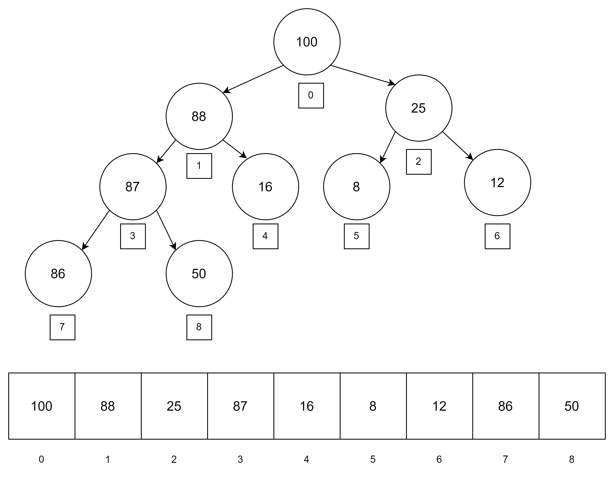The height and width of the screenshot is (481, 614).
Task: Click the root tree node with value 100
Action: [307, 42]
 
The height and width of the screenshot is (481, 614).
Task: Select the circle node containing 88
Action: [199, 116]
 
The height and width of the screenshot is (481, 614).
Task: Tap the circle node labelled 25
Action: [419, 108]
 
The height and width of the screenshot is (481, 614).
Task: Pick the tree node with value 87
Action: [133, 187]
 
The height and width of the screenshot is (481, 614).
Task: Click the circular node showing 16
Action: [265, 187]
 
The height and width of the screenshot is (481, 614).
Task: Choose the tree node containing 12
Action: [497, 183]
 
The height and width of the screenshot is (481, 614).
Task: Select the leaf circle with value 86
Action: [58, 273]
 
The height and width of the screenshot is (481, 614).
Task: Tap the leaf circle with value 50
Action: [199, 273]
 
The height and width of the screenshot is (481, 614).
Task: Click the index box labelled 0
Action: [311, 95]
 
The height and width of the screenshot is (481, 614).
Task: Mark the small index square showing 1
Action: [199, 166]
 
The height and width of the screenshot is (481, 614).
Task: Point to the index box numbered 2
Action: [419, 162]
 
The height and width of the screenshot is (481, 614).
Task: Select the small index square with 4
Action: [265, 236]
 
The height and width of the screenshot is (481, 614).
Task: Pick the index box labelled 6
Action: [497, 236]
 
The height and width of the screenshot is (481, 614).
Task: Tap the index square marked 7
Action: [62, 327]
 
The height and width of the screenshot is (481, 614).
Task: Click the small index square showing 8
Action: [199, 327]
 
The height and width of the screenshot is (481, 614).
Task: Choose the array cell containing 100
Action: [42, 406]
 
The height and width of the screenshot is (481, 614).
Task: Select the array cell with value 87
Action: [241, 406]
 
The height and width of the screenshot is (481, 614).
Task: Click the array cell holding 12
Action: [439, 406]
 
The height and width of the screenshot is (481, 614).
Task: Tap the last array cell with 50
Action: [572, 406]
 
